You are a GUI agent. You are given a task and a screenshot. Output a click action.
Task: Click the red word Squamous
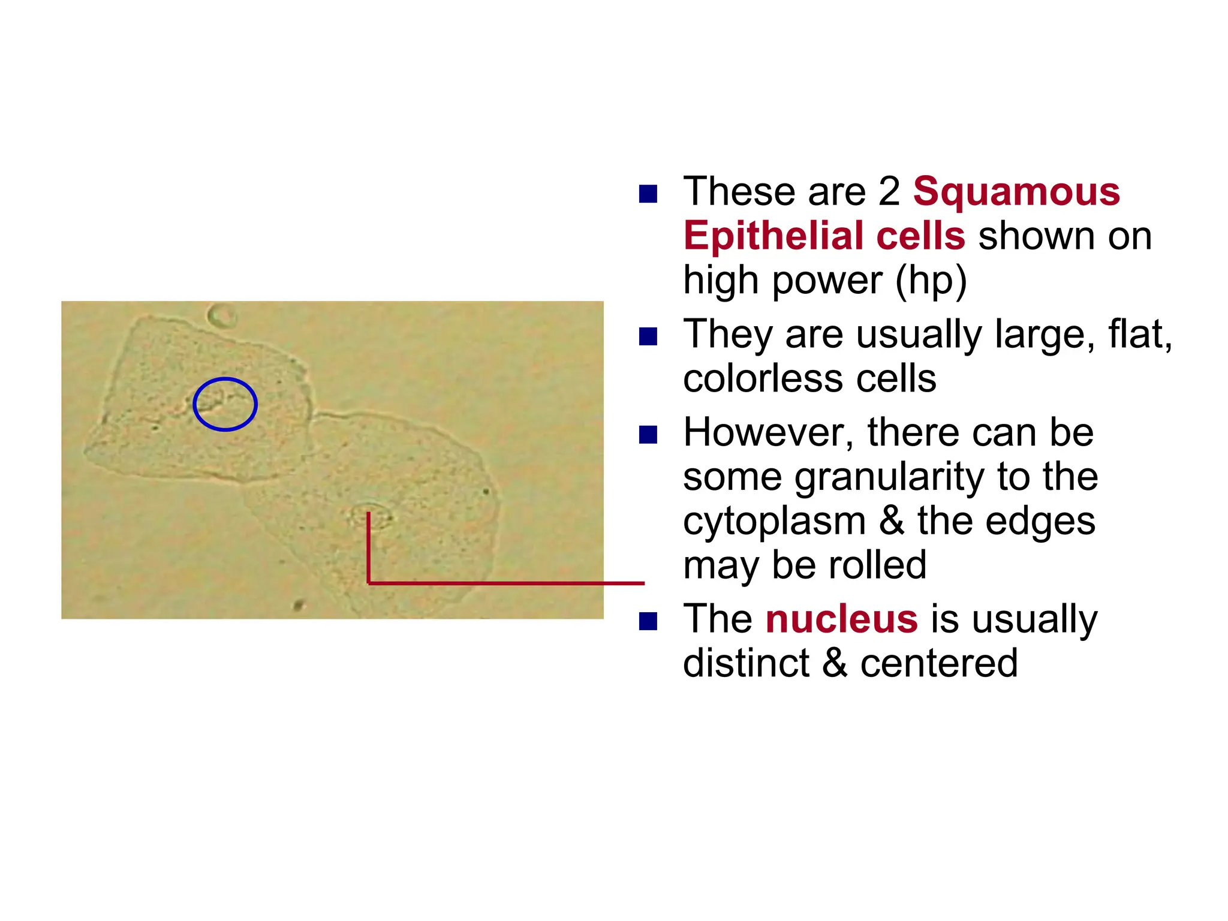pos(1016,192)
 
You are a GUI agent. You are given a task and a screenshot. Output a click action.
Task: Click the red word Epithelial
pos(773,236)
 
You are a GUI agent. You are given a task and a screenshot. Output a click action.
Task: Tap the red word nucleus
pos(841,619)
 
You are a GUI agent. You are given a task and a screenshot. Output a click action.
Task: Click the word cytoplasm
pos(774,522)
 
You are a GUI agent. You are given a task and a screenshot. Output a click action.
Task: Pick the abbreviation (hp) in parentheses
pos(931,281)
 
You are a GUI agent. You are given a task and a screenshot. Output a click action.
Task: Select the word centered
pos(939,663)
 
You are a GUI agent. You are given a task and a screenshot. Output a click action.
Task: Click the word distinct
pos(746,663)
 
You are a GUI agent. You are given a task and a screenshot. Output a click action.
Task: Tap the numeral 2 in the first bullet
pos(889,192)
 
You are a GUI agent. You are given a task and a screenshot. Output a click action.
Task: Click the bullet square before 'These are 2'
pos(648,194)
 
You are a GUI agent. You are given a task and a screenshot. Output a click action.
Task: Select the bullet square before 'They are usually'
pos(648,336)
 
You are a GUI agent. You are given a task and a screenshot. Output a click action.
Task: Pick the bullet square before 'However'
pos(648,435)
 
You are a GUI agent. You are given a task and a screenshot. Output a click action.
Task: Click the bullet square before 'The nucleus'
pos(648,621)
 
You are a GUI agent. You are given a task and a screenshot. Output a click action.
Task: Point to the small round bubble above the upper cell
pos(222,315)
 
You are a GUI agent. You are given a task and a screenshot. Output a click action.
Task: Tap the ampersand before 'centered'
pos(835,663)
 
